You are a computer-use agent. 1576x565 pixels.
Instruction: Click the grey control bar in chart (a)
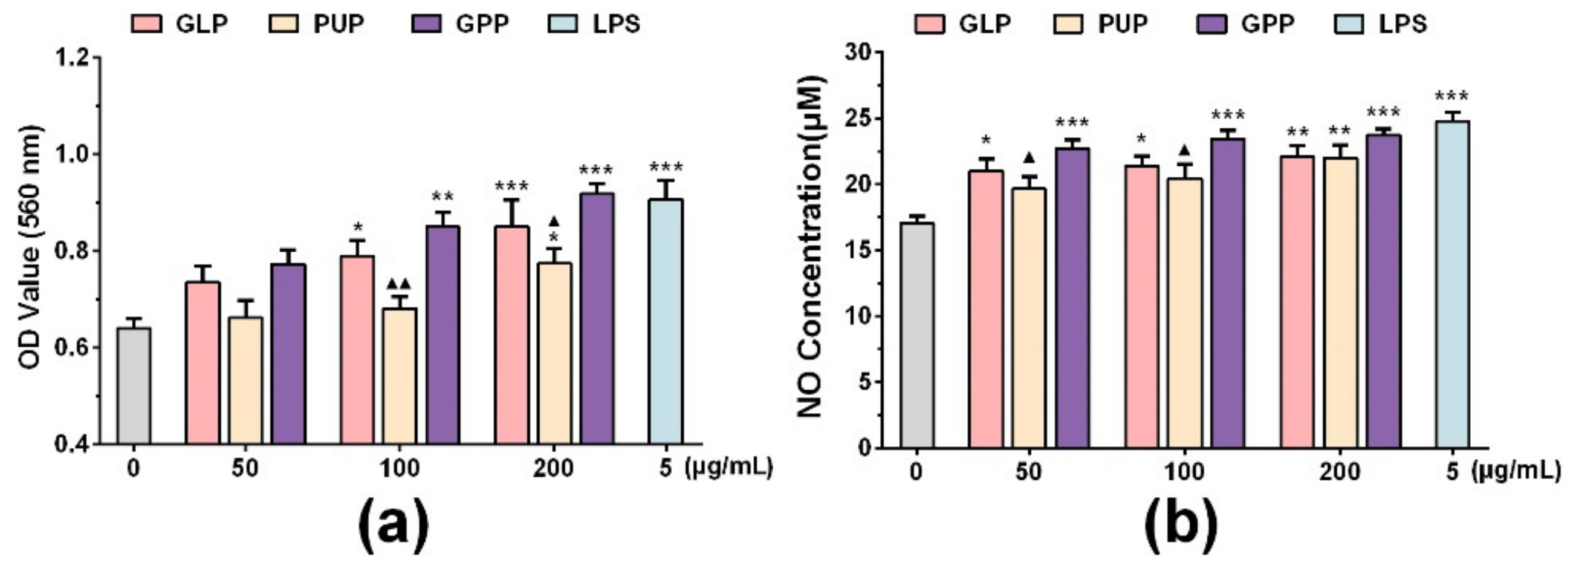[x=134, y=386]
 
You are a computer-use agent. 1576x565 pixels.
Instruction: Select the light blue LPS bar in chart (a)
[x=666, y=321]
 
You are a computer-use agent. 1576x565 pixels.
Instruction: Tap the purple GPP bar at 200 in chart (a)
[x=597, y=318]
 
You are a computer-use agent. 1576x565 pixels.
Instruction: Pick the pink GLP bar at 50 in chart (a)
[x=203, y=362]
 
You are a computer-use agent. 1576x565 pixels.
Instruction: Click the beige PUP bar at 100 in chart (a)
[x=400, y=376]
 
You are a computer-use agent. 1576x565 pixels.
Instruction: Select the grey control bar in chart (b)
[x=916, y=336]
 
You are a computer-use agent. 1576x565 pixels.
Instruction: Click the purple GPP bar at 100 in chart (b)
[x=1227, y=293]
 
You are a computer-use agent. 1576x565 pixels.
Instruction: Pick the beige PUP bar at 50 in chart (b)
[x=1028, y=318]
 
